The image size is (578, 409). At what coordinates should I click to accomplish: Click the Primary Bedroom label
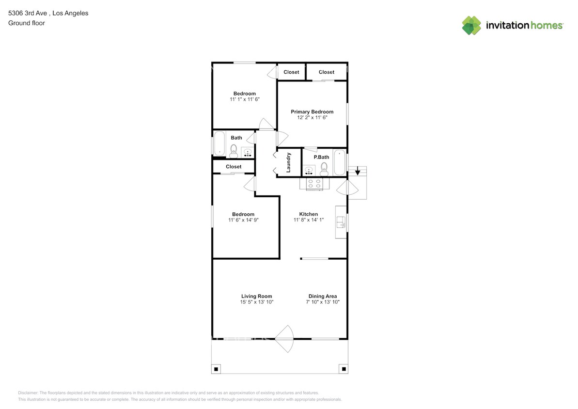coord(312,112)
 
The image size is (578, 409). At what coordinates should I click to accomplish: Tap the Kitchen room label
coord(309,214)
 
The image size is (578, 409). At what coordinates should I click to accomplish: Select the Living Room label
coord(257,296)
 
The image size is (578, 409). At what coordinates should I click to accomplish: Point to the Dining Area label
coord(323,296)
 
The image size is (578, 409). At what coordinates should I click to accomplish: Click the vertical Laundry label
coord(288,163)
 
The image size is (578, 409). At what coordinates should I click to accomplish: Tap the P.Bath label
coord(321,157)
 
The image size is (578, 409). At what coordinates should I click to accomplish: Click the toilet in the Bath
coord(234,151)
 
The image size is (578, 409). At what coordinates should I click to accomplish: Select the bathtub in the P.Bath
coord(340,162)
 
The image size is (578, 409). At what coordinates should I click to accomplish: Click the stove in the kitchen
coord(314,184)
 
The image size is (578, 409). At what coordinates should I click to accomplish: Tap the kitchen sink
coord(341,222)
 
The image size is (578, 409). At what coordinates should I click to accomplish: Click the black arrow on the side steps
coord(357,171)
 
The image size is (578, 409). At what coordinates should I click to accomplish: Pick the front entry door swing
coord(284,339)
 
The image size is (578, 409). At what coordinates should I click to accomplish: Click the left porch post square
coord(216,369)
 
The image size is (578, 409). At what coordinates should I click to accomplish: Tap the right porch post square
coord(344,369)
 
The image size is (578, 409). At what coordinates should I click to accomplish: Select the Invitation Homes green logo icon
coord(471,26)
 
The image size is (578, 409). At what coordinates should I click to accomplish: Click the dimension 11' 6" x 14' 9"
coord(243,220)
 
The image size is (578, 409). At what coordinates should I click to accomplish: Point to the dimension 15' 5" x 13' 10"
coord(257,302)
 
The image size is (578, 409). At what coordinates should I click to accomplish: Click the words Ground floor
coord(27,23)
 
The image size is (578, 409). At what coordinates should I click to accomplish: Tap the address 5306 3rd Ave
coord(28,13)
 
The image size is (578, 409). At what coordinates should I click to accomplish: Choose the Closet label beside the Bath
coord(234,167)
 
